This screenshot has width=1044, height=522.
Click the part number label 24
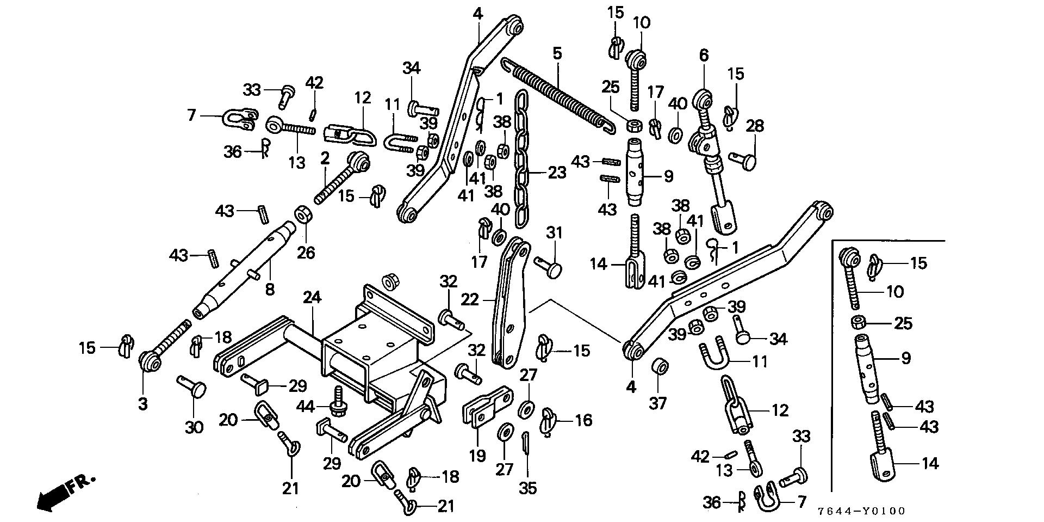pos(312,298)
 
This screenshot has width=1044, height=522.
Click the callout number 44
pos(305,406)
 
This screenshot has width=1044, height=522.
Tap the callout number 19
pos(477,455)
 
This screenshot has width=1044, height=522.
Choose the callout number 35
pos(527,488)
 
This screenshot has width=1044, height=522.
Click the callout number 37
pos(658,403)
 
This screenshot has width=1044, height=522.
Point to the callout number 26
pos(306,253)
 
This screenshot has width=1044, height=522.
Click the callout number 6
pos(704,55)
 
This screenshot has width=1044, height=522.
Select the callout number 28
pos(755,126)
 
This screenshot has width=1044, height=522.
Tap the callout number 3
pos(142,403)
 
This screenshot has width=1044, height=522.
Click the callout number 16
pos(583,420)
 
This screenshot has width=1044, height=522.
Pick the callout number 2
pos(325,158)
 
